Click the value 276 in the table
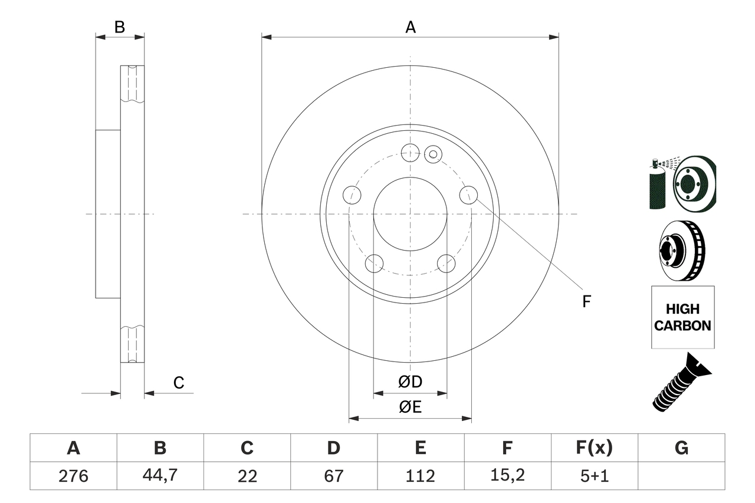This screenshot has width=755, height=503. pos(73,476)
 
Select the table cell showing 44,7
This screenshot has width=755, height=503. pos(160,476)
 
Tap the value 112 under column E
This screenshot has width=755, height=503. pos(420,476)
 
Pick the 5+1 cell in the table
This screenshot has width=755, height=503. pos(594,476)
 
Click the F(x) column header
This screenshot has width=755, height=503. pos(594,448)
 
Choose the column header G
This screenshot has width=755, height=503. pos(681,448)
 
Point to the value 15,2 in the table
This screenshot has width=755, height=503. pos(507,476)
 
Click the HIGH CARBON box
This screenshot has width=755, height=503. pos(682,317)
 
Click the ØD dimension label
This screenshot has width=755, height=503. pos(410,382)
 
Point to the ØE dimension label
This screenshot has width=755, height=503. pos(410,407)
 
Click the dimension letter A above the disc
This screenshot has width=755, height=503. pos(410,27)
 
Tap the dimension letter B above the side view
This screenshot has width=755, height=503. pos(120,27)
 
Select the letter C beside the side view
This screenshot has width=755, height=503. pos(179,383)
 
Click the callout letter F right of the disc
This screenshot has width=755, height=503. pos(586,302)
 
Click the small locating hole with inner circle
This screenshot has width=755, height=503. pos(433,154)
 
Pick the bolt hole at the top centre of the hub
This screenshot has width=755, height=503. pos(410,153)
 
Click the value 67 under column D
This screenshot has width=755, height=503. pos(333,476)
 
